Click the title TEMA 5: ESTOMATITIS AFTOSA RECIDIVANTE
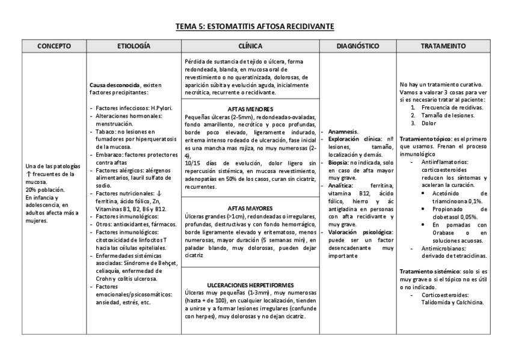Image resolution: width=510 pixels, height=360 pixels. coord(255,27)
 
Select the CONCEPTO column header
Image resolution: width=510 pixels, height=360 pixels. coord(54,46)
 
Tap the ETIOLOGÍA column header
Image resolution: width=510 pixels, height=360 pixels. coord(134,46)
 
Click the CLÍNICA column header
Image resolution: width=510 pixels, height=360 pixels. coord(250,46)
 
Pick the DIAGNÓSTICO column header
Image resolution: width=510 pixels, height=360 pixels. coord(357,46)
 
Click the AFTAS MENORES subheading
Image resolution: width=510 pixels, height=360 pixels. coord(250,109)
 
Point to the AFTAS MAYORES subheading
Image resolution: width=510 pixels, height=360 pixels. coord(250,207)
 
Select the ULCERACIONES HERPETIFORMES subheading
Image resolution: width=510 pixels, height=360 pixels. coord(250,284)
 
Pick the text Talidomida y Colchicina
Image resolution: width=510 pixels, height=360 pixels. coord(453,303)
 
